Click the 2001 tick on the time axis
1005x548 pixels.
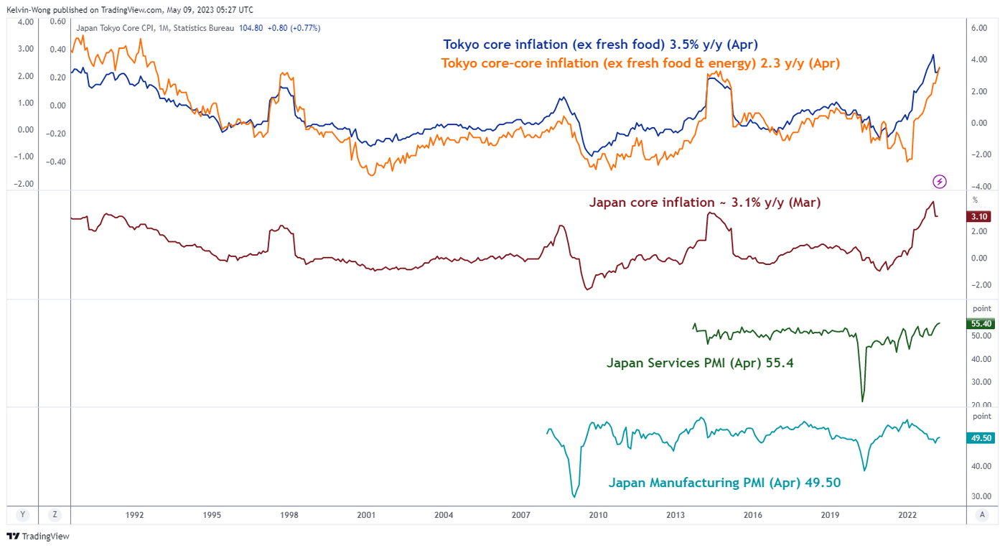pos(366,514)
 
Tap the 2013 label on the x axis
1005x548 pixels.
pos(676,514)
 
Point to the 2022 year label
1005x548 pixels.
pos(907,514)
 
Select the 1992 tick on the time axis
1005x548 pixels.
pos(134,514)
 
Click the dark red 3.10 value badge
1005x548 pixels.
pos(980,216)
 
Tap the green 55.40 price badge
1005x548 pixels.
pos(980,324)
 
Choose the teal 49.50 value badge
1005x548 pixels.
pos(980,438)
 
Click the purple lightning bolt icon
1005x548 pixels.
pos(940,182)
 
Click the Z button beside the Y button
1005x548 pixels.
pos(54,514)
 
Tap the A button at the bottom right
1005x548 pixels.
pos(981,514)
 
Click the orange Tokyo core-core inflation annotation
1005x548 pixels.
pos(640,63)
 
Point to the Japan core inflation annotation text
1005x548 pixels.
pos(704,203)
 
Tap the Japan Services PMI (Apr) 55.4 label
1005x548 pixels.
pos(700,363)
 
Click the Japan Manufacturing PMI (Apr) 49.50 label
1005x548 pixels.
pos(724,483)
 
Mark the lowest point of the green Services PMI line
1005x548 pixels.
pos(862,401)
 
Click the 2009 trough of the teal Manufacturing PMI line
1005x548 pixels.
pos(574,496)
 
